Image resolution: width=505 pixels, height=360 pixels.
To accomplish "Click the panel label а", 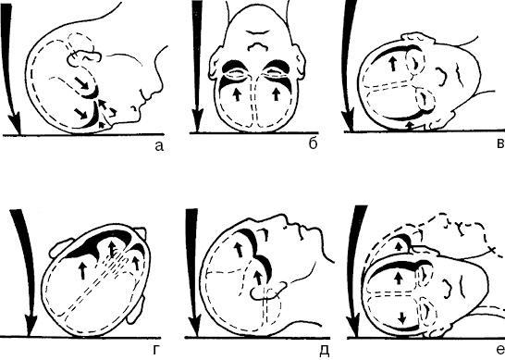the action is [x=159, y=146].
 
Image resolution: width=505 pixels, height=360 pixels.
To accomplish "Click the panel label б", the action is [x=313, y=143].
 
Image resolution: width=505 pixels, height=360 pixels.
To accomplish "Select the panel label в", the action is [x=500, y=143].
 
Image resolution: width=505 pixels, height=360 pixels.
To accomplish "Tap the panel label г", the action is [x=156, y=350].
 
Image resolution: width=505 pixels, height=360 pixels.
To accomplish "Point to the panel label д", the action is [x=325, y=351].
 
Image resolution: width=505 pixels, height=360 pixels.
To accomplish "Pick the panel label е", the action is [x=500, y=350].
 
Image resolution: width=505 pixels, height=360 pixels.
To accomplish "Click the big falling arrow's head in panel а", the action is [x=15, y=123].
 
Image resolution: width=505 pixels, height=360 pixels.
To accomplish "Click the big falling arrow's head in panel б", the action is [x=197, y=120].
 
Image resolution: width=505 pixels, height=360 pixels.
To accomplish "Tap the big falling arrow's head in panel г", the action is [x=31, y=326].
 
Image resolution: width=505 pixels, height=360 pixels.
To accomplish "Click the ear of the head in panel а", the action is [x=84, y=58].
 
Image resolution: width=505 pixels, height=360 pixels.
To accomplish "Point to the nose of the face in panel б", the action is [x=258, y=46].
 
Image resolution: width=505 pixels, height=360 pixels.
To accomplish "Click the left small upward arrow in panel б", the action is [x=237, y=94].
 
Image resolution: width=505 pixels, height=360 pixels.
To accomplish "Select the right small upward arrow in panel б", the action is [x=276, y=94].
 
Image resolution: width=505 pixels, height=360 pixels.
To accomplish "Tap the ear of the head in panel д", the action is [x=268, y=290].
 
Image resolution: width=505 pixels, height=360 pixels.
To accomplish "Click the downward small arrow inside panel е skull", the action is [x=401, y=317].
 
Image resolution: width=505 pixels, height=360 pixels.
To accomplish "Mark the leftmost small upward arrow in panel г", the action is [x=82, y=270].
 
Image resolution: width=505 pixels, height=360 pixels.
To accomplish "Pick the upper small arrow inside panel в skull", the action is [x=392, y=64].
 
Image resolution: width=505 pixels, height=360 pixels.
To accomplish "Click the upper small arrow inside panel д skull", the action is [x=239, y=250].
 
